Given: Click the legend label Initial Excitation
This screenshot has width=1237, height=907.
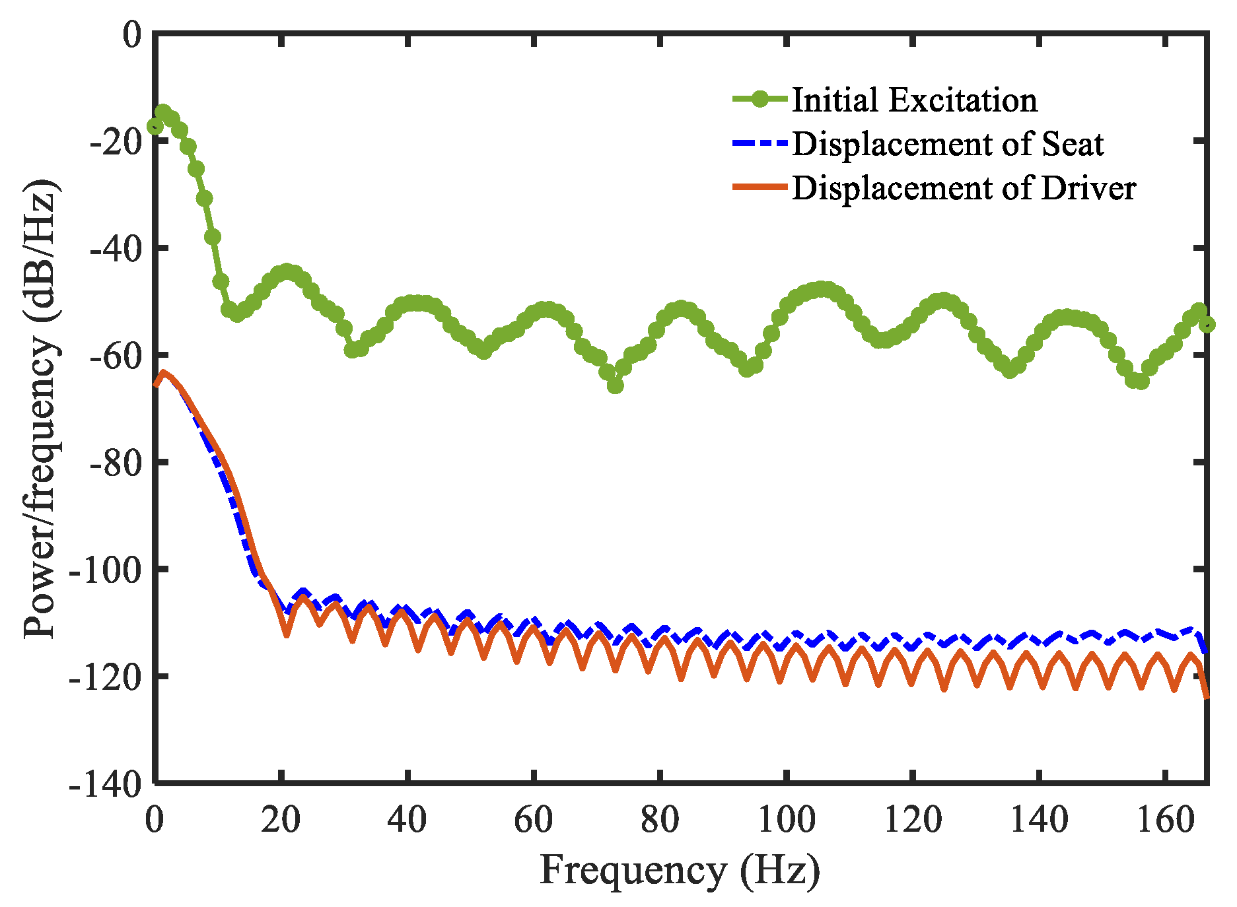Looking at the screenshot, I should click(915, 100).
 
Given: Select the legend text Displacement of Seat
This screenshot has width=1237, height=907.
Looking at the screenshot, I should click(948, 144).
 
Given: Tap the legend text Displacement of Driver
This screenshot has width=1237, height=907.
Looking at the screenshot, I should click(964, 188).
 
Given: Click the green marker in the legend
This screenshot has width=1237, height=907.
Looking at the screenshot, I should click(760, 100).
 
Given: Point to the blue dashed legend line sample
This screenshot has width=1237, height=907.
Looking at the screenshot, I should click(760, 143).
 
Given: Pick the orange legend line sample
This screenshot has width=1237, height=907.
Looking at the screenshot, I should click(760, 187).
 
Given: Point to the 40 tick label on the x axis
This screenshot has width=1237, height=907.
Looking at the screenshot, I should click(407, 821).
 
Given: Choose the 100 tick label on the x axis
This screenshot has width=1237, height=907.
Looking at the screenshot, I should click(785, 821).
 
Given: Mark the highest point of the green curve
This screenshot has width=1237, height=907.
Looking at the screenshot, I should click(163, 112).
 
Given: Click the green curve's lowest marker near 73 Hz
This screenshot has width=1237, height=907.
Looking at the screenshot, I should click(615, 386).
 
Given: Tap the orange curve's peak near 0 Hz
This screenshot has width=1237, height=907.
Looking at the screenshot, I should click(163, 372).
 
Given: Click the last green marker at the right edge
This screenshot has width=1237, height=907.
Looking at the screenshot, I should click(1207, 324).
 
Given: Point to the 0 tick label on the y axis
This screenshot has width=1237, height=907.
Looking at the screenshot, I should click(132, 34).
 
